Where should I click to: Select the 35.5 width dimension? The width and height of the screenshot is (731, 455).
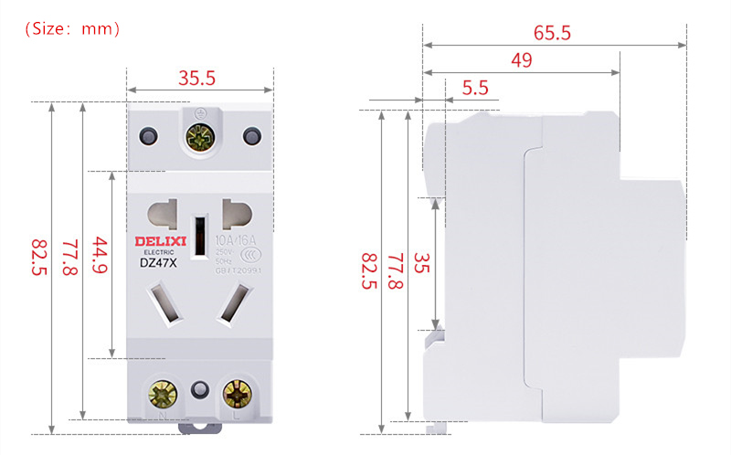(196, 78)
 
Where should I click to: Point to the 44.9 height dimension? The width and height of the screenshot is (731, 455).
(101, 259)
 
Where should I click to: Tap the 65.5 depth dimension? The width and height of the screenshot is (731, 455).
(552, 33)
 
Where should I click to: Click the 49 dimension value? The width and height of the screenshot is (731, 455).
(522, 60)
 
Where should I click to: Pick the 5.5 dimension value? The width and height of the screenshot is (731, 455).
(475, 88)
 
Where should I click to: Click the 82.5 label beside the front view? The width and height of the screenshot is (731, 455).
(39, 264)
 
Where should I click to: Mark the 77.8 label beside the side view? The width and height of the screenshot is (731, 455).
(396, 271)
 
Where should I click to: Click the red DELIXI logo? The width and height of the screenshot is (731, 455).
(159, 240)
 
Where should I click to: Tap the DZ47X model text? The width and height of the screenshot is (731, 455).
(158, 264)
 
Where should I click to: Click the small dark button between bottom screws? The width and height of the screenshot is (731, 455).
(198, 391)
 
